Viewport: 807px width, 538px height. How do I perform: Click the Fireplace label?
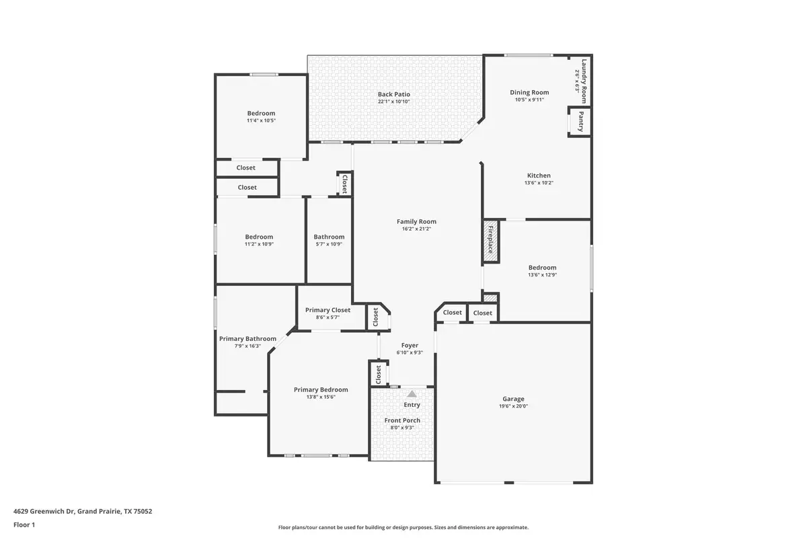pos(490,239)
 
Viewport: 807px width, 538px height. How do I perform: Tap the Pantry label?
pos(581,122)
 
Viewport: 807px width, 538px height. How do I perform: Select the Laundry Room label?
pos(584,81)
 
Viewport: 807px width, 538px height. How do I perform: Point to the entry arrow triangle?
pos(412,393)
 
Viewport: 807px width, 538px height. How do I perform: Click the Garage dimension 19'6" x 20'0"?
pos(513,406)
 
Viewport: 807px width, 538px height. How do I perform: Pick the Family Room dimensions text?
pos(416,229)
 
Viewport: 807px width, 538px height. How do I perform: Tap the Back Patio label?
pos(394,94)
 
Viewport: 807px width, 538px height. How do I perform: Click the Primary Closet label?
pos(328,310)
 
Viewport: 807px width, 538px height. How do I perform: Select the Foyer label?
pos(410,345)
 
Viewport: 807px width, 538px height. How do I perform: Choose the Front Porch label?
pos(402,420)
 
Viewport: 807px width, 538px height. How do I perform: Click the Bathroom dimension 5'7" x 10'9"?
pos(329,244)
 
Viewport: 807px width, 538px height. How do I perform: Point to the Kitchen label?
pos(539,176)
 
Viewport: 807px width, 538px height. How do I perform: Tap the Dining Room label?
pos(529,93)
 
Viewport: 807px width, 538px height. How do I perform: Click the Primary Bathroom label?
pos(248,339)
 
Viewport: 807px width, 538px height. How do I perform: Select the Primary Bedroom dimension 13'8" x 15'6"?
pos(321,397)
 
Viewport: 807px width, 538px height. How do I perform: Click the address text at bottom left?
pos(83,511)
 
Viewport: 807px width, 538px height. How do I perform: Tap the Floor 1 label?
pos(24,525)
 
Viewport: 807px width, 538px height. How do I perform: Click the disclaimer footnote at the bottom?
pos(403,527)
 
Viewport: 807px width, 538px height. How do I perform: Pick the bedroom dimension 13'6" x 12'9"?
pos(542,274)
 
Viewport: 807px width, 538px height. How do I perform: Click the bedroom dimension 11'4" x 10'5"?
pos(261,120)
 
